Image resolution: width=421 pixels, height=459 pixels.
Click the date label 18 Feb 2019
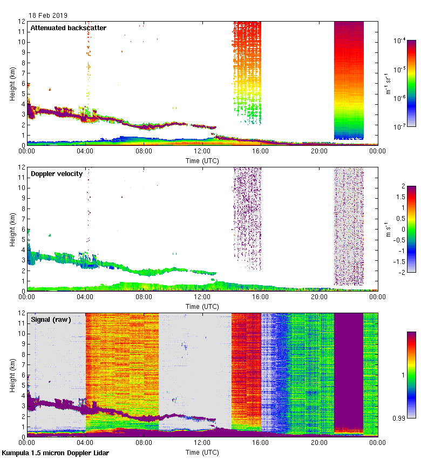[48, 16]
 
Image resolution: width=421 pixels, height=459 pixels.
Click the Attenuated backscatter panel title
[68, 28]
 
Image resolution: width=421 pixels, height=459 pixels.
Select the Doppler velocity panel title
[57, 173]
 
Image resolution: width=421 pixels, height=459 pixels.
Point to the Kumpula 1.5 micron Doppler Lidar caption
[55, 453]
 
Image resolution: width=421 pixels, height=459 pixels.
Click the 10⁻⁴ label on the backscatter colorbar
[399, 40]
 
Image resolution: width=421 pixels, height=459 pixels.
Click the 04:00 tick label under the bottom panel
[85, 443]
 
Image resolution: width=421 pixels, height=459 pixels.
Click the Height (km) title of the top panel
[12, 84]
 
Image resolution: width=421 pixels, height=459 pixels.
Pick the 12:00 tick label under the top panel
[202, 151]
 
